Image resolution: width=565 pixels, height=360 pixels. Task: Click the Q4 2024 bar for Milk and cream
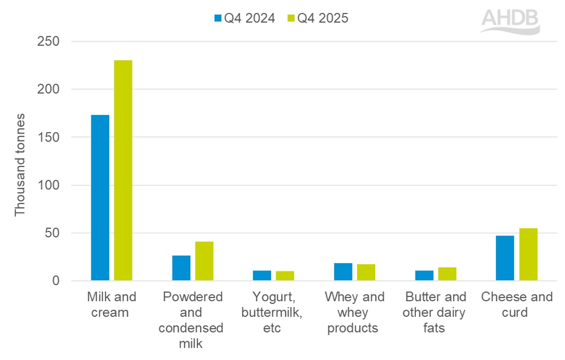(100, 198)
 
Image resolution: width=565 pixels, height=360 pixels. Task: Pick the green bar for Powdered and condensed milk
(204, 261)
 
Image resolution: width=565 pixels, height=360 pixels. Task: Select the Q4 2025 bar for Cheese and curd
(529, 254)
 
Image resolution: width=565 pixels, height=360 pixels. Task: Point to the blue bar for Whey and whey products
(343, 272)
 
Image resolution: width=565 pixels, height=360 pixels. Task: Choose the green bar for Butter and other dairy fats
(448, 274)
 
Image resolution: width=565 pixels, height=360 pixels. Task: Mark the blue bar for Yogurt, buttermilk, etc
(262, 276)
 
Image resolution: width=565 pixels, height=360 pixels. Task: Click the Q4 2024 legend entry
(244, 18)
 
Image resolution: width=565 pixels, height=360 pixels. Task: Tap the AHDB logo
(510, 21)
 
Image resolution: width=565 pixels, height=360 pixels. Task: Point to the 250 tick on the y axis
(48, 41)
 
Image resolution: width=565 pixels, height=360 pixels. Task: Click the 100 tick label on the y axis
(48, 185)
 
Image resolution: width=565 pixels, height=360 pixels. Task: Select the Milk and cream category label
(111, 305)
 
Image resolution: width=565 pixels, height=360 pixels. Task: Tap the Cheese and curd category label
(517, 305)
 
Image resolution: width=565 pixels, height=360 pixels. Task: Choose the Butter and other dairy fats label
(436, 313)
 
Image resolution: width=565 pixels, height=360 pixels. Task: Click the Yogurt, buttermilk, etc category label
(273, 313)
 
